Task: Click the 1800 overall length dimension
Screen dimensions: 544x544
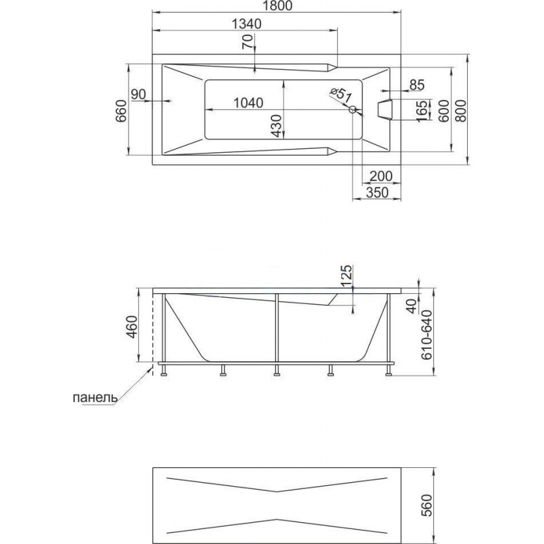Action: pos(277,5)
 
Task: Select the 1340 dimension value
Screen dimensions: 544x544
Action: pos(246,24)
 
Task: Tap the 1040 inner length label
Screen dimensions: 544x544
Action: pos(248,103)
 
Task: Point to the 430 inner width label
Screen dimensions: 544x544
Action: pos(276,126)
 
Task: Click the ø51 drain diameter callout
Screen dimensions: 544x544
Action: pos(341,95)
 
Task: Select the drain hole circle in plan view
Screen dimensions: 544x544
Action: pos(352,110)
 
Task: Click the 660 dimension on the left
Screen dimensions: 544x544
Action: pos(121,111)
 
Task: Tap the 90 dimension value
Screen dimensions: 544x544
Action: pos(139,94)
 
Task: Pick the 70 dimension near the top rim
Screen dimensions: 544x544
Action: pos(248,42)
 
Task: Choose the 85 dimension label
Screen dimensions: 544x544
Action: pos(417,84)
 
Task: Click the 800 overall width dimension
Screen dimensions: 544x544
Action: pos(461,111)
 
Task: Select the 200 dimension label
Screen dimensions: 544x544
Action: pos(381,176)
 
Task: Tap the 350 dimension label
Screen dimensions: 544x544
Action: pos(377,192)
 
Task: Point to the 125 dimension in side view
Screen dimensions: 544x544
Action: pos(346,276)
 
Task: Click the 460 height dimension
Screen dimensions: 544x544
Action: pos(132,327)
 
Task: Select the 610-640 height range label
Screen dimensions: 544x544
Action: pos(428,335)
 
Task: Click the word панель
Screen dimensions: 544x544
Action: pos(95,398)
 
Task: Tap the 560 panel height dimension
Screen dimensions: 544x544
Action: pos(428,505)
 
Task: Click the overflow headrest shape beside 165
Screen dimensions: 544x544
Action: pos(385,109)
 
